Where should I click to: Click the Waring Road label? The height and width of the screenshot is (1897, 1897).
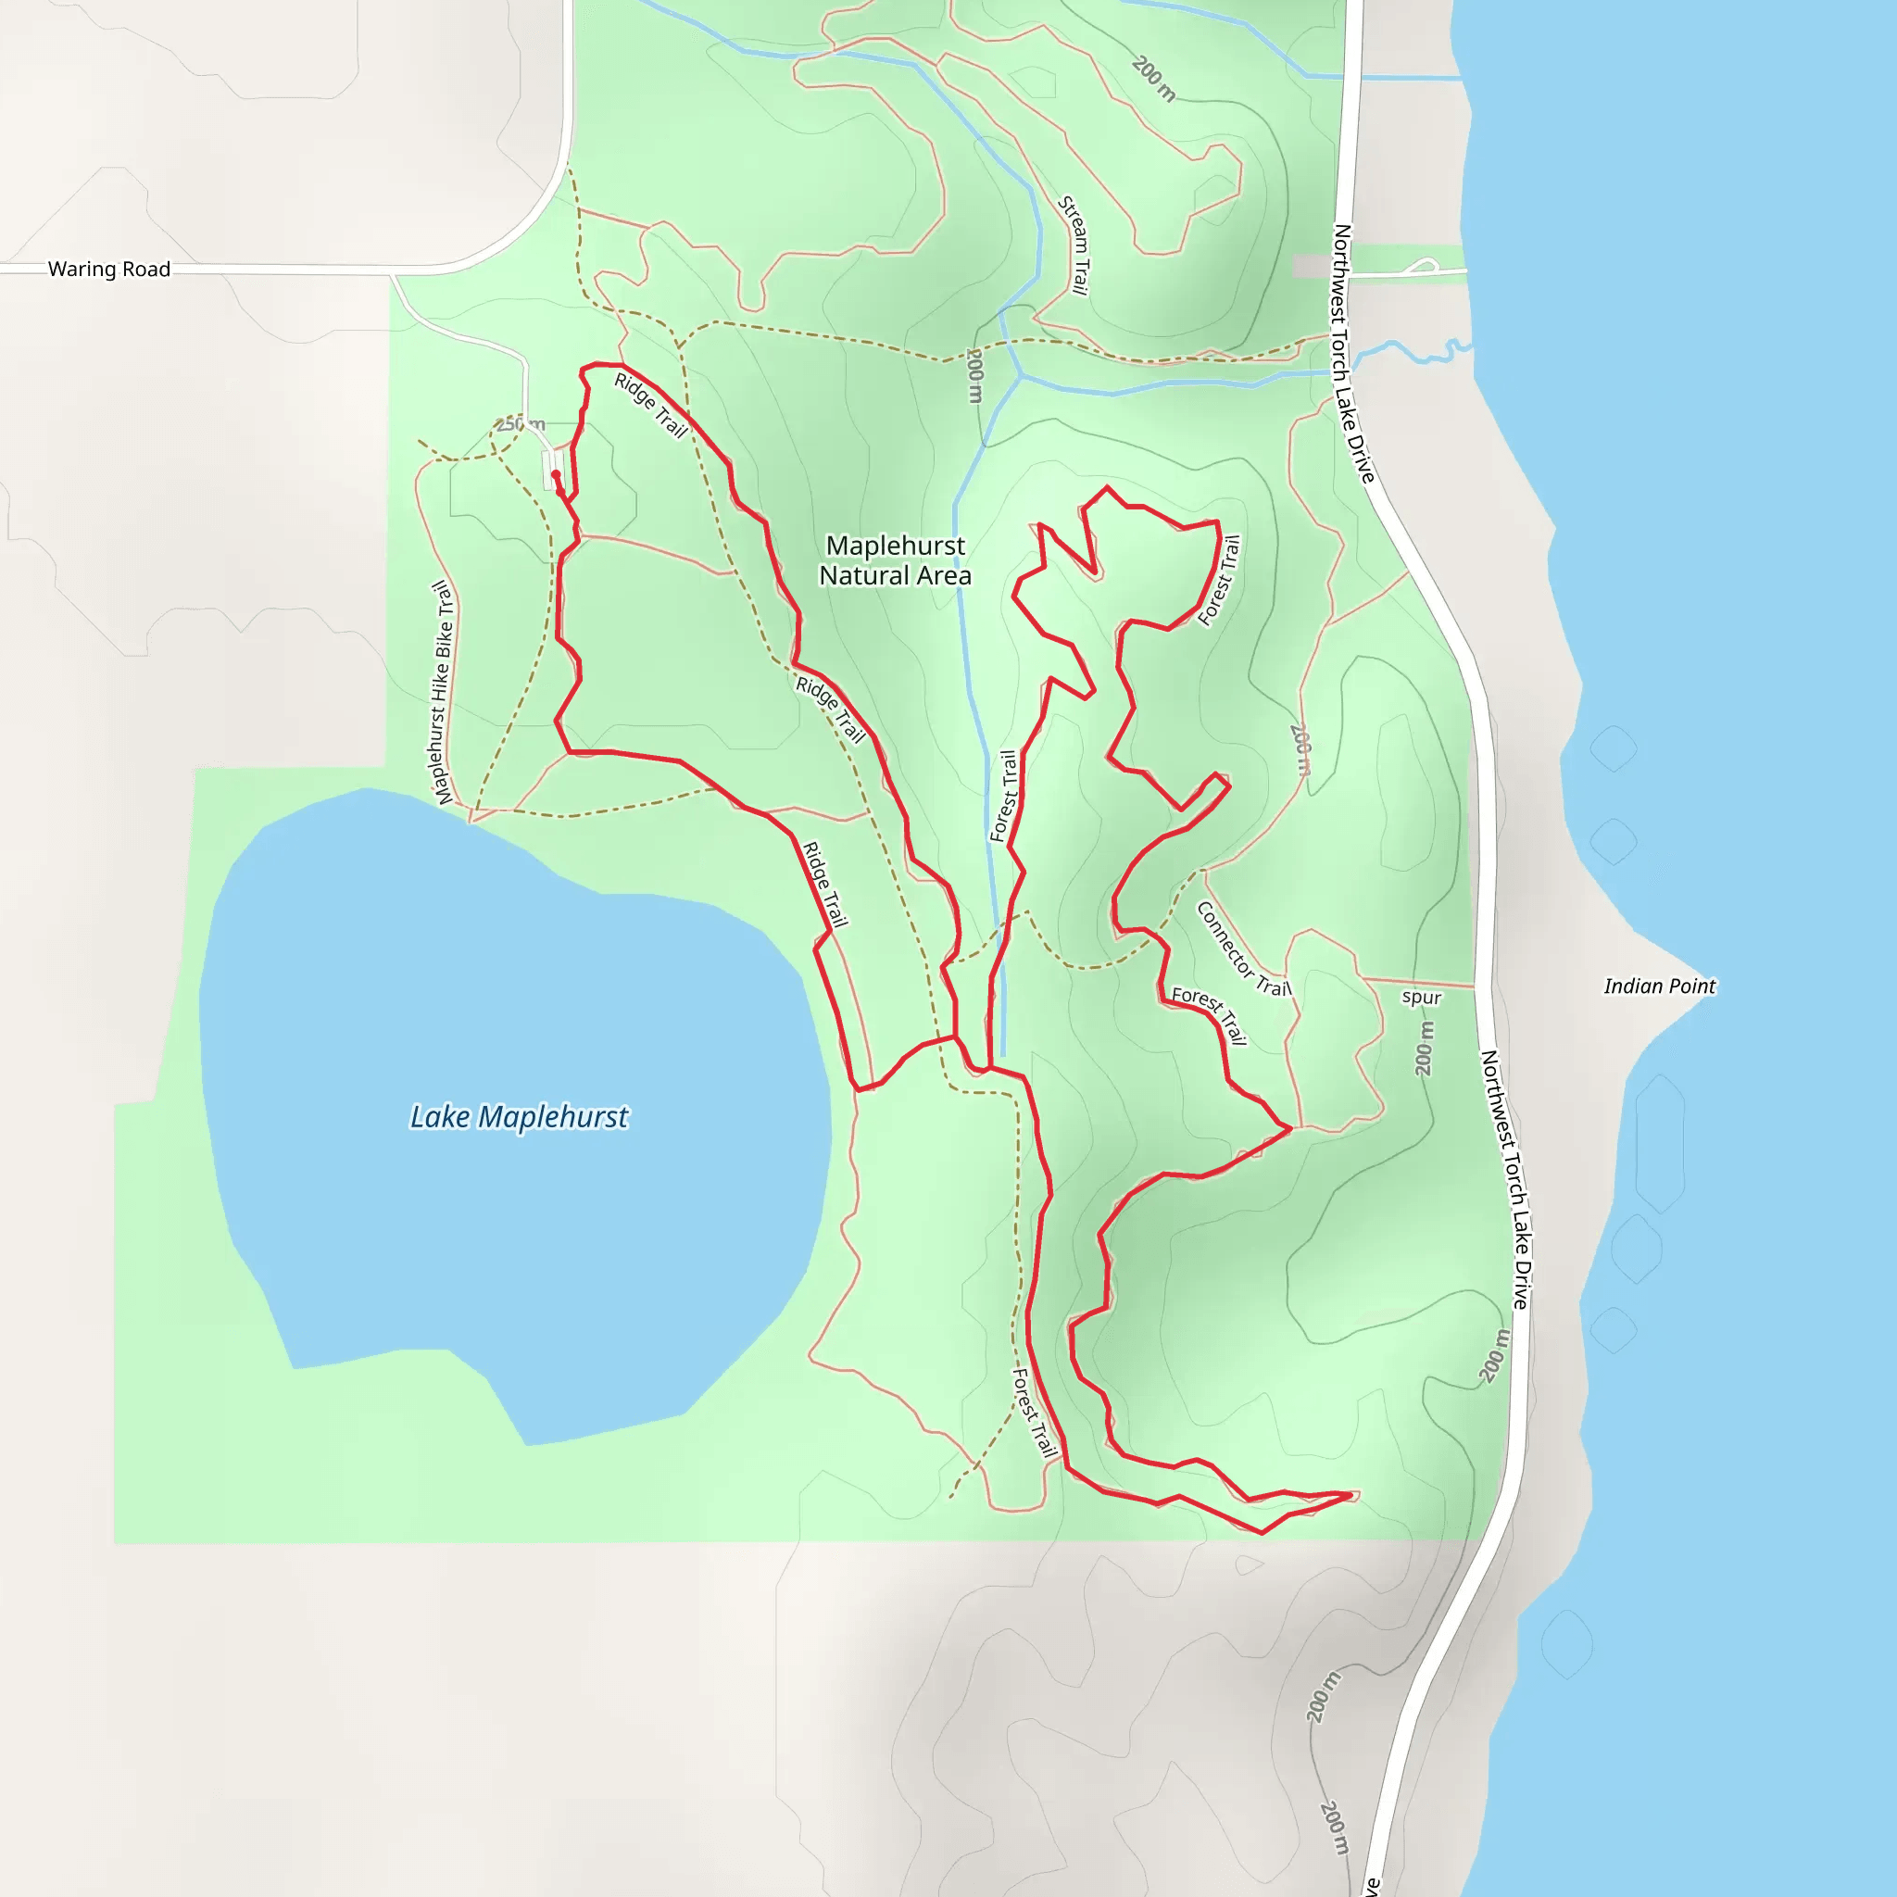click(x=109, y=269)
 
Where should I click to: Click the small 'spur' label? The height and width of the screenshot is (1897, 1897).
click(x=1421, y=998)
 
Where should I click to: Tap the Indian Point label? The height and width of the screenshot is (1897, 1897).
click(x=1659, y=986)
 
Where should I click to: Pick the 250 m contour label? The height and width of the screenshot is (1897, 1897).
click(x=520, y=424)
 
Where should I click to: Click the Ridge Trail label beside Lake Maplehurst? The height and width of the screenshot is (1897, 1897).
click(x=824, y=884)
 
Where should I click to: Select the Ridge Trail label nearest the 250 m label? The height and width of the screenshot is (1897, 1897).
click(x=650, y=405)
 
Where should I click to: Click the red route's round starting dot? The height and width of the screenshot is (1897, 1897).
click(x=556, y=474)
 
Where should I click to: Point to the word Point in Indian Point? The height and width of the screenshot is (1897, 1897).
click(x=1688, y=986)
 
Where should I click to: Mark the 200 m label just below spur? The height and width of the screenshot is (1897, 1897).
click(x=1425, y=1048)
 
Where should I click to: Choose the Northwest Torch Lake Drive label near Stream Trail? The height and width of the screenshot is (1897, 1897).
click(x=1353, y=354)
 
